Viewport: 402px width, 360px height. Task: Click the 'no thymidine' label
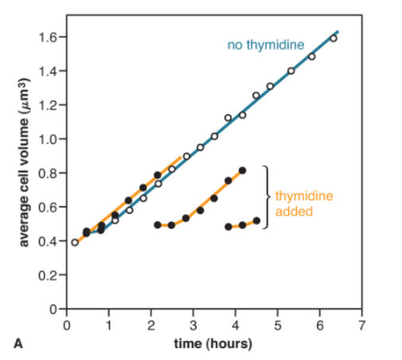266,46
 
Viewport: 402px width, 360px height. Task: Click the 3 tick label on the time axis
193,326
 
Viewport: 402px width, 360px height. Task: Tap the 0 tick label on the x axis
66,326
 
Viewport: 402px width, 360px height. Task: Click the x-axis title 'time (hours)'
213,344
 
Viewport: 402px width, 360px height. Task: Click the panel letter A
18,343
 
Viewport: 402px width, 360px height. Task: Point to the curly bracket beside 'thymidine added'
266,196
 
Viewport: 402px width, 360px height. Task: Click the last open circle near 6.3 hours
333,38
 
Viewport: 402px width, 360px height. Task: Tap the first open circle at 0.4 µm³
75,242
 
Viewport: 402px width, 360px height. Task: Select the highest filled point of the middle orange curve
242,171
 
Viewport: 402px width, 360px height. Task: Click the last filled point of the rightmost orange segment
256,220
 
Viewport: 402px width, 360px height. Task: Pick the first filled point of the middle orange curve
158,225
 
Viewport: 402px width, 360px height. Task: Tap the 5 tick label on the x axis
277,326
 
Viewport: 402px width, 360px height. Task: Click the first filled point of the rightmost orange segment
228,226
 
